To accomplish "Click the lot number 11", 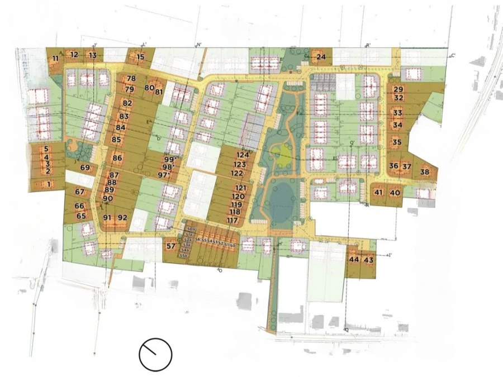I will click(55, 58).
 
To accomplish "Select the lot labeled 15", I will click(140, 56).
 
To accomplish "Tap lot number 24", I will click(321, 56).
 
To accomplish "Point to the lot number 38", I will click(425, 171).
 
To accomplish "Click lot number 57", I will click(171, 245).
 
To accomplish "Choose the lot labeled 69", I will click(85, 168).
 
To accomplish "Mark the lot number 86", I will click(117, 158).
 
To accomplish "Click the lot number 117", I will click(232, 221).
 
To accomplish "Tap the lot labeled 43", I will click(368, 260).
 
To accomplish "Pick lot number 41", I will click(378, 193).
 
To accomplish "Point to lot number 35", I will click(397, 142).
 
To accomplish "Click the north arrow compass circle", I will click(155, 354).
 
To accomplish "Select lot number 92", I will click(123, 217).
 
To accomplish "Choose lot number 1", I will click(49, 184).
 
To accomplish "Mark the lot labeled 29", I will click(398, 89).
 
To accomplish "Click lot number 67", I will click(79, 192).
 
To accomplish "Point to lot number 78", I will click(131, 78).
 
